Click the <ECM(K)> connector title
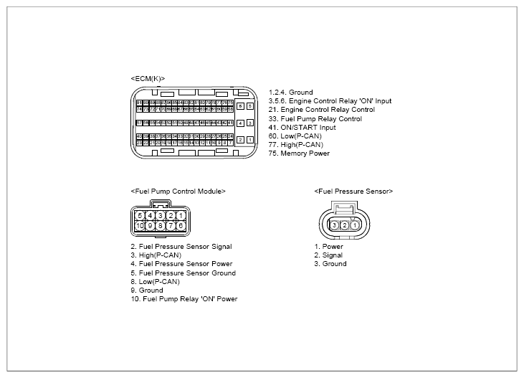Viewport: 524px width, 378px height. click(148, 77)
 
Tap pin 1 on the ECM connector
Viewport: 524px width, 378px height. click(250, 139)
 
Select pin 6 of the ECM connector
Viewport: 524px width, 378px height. click(239, 105)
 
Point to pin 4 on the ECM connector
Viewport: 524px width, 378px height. click(239, 123)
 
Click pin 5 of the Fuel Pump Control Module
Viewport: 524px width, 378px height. click(140, 215)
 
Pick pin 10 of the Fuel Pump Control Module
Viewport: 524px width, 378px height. click(140, 226)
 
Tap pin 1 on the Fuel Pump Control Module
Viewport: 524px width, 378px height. click(181, 215)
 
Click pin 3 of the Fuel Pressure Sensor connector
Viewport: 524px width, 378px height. click(335, 225)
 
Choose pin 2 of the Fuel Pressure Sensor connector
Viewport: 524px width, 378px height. click(345, 225)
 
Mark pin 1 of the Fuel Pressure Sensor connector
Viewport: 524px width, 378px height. click(355, 225)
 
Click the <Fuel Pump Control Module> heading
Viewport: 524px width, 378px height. click(178, 192)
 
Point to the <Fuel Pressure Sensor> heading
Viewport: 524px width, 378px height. click(353, 192)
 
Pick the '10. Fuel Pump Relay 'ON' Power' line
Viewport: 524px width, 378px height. click(184, 299)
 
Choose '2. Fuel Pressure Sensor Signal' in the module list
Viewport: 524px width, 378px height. click(181, 247)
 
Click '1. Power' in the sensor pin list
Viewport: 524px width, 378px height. click(328, 247)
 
